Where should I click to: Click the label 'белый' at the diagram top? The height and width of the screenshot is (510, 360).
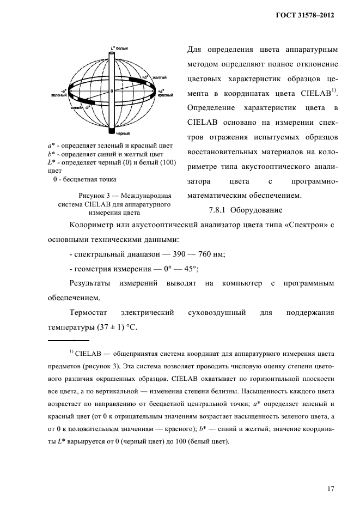click(121, 48)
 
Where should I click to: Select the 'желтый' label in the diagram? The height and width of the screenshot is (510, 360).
click(159, 77)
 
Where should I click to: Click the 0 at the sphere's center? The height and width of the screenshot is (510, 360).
click(111, 90)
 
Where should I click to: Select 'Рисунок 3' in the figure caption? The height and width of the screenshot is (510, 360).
click(97, 195)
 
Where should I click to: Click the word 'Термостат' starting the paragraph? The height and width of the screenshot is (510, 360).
click(89, 313)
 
